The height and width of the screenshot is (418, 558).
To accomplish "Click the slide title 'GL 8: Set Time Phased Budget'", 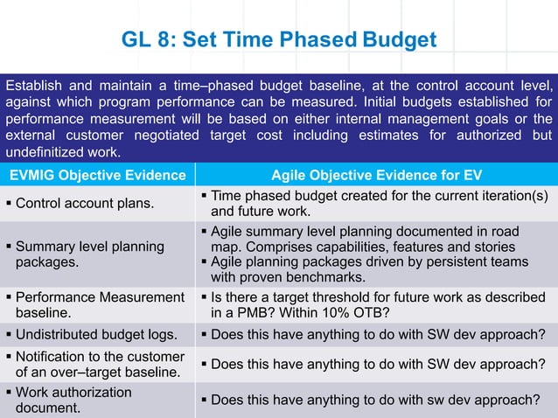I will coord(278,41).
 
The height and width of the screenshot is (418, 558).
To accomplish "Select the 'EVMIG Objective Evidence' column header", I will coord(97,176).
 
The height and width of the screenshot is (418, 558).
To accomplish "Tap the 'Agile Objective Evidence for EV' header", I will coord(376,176).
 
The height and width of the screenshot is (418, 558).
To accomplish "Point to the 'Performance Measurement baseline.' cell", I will coord(99,304).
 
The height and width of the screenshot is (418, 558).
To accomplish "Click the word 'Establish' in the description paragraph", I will coord(32,86).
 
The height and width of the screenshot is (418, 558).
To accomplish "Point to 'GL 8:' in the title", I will coord(147,41).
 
